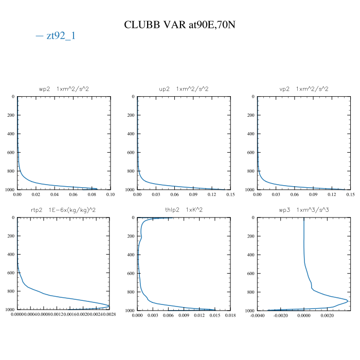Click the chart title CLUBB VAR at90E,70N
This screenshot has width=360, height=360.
(x=180, y=25)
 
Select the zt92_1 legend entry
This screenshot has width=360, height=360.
(x=56, y=36)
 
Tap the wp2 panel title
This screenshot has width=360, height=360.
(x=64, y=89)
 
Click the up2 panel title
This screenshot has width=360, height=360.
(x=184, y=89)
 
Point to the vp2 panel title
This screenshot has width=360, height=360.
(x=303, y=89)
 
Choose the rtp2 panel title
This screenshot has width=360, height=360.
(x=64, y=210)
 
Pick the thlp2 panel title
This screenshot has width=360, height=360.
(x=184, y=210)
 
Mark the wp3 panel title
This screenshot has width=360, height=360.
(x=303, y=210)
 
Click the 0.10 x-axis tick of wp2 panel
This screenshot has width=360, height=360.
(x=110, y=195)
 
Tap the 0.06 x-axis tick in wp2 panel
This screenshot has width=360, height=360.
(x=73, y=195)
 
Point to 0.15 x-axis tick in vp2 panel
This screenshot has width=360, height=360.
(x=350, y=195)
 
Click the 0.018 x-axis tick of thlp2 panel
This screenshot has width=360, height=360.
(x=230, y=316)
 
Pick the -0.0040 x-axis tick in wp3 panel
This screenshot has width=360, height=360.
(x=258, y=316)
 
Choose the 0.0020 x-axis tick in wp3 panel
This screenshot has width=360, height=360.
(x=327, y=316)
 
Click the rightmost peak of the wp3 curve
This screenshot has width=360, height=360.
(x=348, y=301)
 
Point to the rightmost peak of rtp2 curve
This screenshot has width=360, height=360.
(x=110, y=305)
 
